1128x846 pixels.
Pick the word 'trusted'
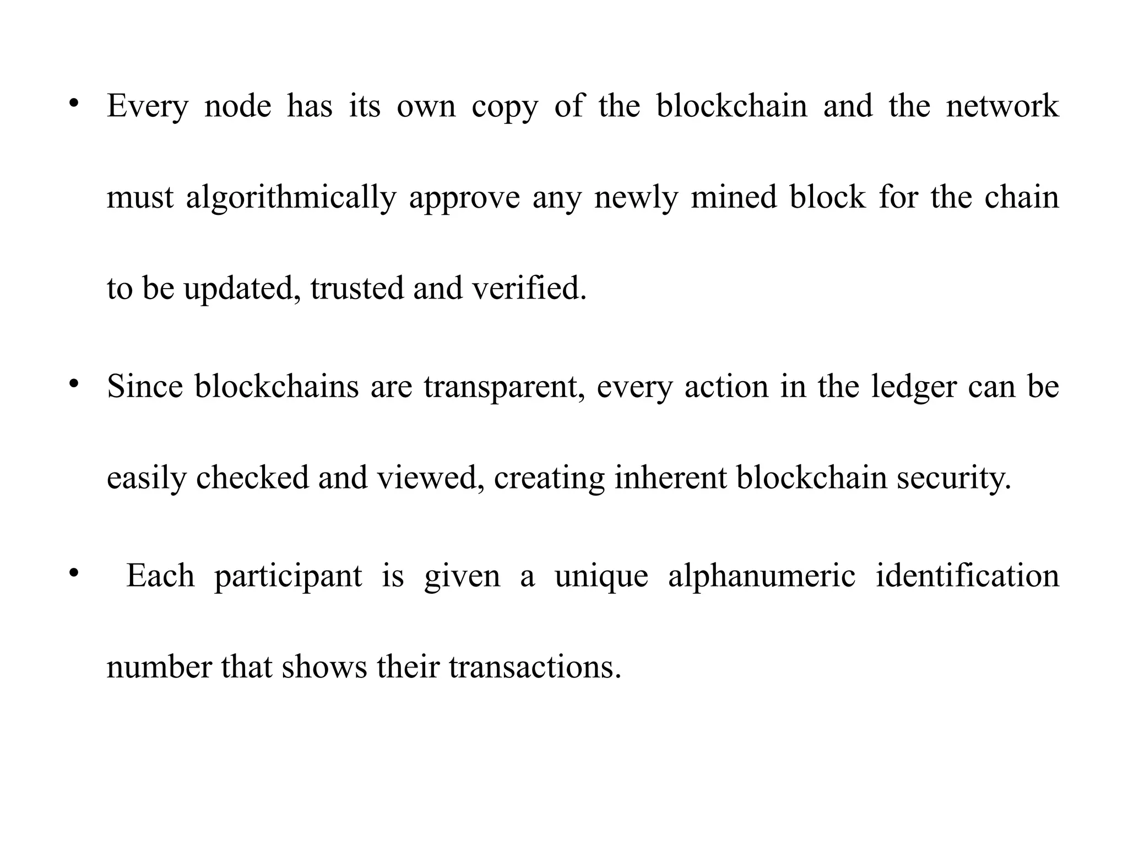[x=357, y=288]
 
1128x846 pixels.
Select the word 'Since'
[x=145, y=386]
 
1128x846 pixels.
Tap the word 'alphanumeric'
[x=762, y=576]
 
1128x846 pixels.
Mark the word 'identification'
[x=967, y=576]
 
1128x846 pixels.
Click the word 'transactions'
[x=534, y=667]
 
